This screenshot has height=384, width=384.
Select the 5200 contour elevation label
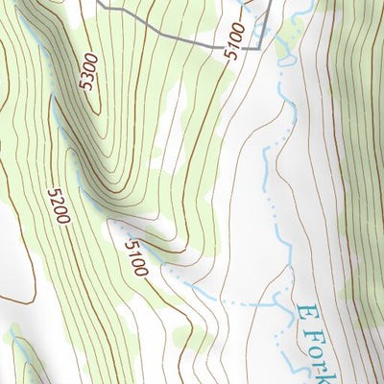tap(60, 207)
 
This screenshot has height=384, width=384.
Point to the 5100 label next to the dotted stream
tap(133, 258)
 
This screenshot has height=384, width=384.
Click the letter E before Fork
tap(306, 317)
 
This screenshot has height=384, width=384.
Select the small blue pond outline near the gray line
tap(284, 60)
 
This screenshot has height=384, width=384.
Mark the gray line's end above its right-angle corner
tap(270, 3)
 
